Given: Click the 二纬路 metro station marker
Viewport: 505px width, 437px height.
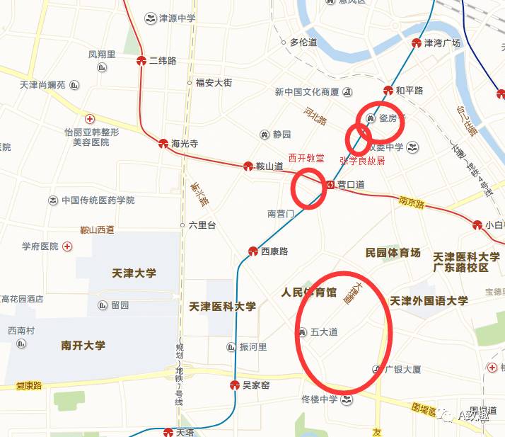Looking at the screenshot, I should [x=141, y=60].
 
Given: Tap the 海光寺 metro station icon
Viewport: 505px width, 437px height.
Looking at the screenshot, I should [x=163, y=143].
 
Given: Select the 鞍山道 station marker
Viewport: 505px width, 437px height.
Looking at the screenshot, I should [x=248, y=166].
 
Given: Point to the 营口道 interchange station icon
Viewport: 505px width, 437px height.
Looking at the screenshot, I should [x=330, y=185].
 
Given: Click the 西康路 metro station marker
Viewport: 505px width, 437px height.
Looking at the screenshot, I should [x=253, y=251].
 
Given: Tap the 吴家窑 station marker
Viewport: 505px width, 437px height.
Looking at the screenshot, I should [x=235, y=385].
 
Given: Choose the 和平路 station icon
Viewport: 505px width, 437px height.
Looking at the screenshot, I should [x=388, y=91].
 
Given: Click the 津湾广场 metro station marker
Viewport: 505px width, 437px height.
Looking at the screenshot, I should [x=417, y=43].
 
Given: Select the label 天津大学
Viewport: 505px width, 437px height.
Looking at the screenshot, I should [x=134, y=273].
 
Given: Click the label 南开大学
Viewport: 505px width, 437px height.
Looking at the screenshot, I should [x=83, y=346].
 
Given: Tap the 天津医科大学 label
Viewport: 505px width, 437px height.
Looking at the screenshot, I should [x=223, y=307].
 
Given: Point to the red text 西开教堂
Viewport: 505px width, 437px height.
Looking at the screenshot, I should [x=306, y=158].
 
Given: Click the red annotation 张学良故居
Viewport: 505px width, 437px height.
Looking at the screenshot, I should [x=362, y=161].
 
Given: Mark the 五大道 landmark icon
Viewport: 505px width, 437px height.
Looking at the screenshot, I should [x=303, y=331].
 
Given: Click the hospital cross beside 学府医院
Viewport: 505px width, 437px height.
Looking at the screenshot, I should [x=67, y=246].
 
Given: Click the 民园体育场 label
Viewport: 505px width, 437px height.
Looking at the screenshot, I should [x=393, y=253].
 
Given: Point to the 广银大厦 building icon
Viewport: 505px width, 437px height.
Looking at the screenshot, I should [x=377, y=370].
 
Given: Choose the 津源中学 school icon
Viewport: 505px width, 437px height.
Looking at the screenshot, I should [x=150, y=18].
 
